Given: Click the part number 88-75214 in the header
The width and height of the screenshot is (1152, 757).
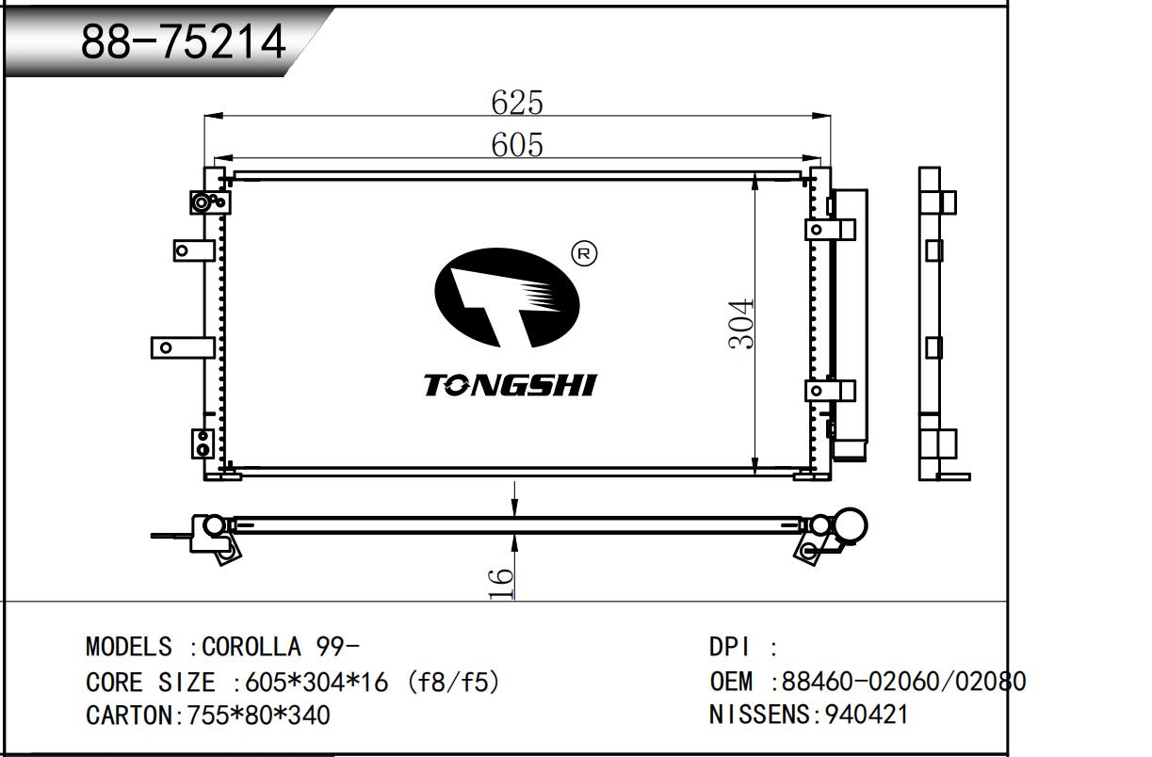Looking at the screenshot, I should point(183,40).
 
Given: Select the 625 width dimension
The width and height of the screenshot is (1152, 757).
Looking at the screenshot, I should point(517,102).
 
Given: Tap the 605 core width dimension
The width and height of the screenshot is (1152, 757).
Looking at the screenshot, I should point(517,145).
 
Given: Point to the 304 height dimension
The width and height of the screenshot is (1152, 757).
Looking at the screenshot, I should point(742,323).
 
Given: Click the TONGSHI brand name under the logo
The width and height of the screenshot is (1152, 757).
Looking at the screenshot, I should point(510,385).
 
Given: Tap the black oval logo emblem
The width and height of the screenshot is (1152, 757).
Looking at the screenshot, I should point(506,297).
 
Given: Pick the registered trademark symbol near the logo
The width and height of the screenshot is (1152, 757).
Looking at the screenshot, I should point(584,253).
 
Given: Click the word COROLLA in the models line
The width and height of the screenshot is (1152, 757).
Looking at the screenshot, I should point(251,648).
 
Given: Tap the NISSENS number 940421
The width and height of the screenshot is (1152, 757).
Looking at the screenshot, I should point(867,714).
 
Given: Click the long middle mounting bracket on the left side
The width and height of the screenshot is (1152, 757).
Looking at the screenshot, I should point(182,347).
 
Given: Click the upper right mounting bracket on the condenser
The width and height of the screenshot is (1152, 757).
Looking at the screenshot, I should point(829,229).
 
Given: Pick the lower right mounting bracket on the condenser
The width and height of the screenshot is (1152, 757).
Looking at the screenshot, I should point(829,390).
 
